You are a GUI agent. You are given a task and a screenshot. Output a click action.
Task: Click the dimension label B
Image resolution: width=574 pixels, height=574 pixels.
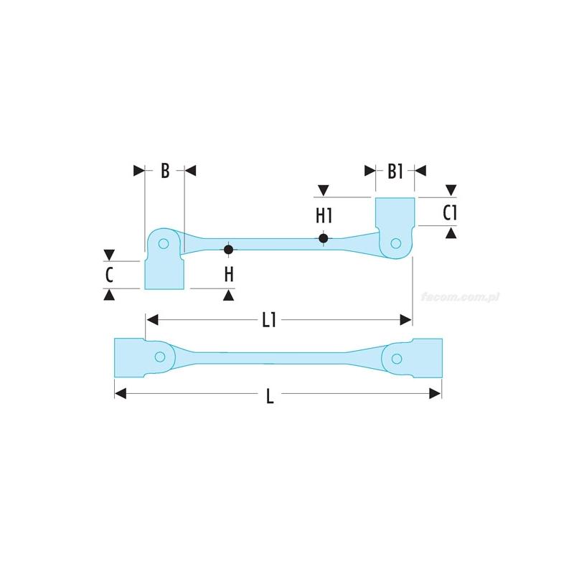(x=164, y=171)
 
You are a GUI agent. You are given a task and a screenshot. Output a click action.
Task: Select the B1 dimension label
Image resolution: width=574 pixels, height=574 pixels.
(x=395, y=171)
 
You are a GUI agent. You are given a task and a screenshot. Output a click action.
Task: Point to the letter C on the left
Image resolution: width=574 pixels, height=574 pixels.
(x=109, y=274)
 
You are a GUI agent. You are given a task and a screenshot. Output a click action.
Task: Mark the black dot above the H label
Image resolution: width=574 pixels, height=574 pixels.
(x=228, y=250)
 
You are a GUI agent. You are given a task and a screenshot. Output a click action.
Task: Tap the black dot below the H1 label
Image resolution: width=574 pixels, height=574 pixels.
(x=324, y=238)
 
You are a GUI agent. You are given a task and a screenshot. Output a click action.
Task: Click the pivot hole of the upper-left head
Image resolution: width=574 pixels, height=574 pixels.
(x=164, y=243)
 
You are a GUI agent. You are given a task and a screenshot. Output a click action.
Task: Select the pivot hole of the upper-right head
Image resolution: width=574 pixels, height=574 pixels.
(x=395, y=245)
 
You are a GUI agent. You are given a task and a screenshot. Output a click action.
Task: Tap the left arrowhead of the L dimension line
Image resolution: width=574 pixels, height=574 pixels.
(x=121, y=392)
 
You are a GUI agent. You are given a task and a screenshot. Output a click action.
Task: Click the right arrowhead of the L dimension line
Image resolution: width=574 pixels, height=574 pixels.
(x=435, y=392)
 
